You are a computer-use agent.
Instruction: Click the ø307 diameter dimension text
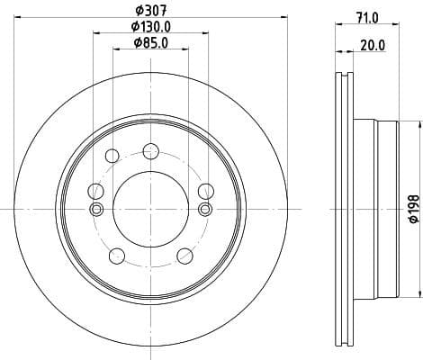[x=148, y=12]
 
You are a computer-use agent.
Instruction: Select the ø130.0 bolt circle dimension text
[x=148, y=27]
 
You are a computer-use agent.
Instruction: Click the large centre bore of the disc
[x=148, y=210]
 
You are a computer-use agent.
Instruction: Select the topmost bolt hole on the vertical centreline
[x=148, y=152]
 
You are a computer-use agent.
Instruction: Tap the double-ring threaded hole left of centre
[x=96, y=210]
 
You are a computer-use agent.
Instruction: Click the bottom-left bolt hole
[x=113, y=255]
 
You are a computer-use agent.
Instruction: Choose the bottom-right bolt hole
[x=184, y=255]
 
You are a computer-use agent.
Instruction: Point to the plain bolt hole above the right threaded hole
[x=206, y=190]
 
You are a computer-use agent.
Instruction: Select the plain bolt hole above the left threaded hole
[x=94, y=190]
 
